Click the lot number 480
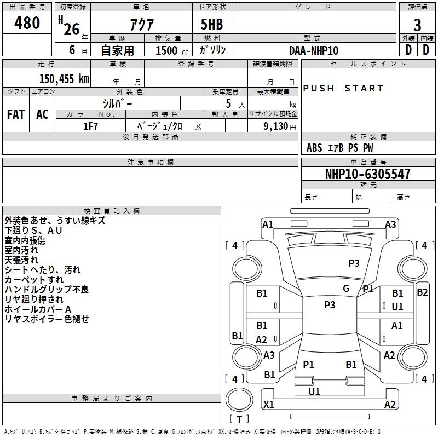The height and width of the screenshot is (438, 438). [x=27, y=24]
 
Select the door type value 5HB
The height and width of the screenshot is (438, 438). [x=212, y=25]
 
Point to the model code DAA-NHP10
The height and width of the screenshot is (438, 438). [x=314, y=50]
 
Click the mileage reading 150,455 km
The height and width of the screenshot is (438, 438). [x=64, y=78]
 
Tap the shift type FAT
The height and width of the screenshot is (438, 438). [x=16, y=114]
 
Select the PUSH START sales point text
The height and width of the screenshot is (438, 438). [x=343, y=88]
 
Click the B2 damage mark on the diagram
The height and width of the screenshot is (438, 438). [x=422, y=292]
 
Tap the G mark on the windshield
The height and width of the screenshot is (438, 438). [x=346, y=289]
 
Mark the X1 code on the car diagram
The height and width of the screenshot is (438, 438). [x=269, y=405]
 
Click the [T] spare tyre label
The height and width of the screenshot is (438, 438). [x=239, y=419]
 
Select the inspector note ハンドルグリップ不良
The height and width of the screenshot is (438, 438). [x=47, y=290]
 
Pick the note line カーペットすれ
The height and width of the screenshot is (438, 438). [x=34, y=280]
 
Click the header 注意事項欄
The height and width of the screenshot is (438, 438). [x=151, y=163]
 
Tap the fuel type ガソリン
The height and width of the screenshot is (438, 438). [x=212, y=50]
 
